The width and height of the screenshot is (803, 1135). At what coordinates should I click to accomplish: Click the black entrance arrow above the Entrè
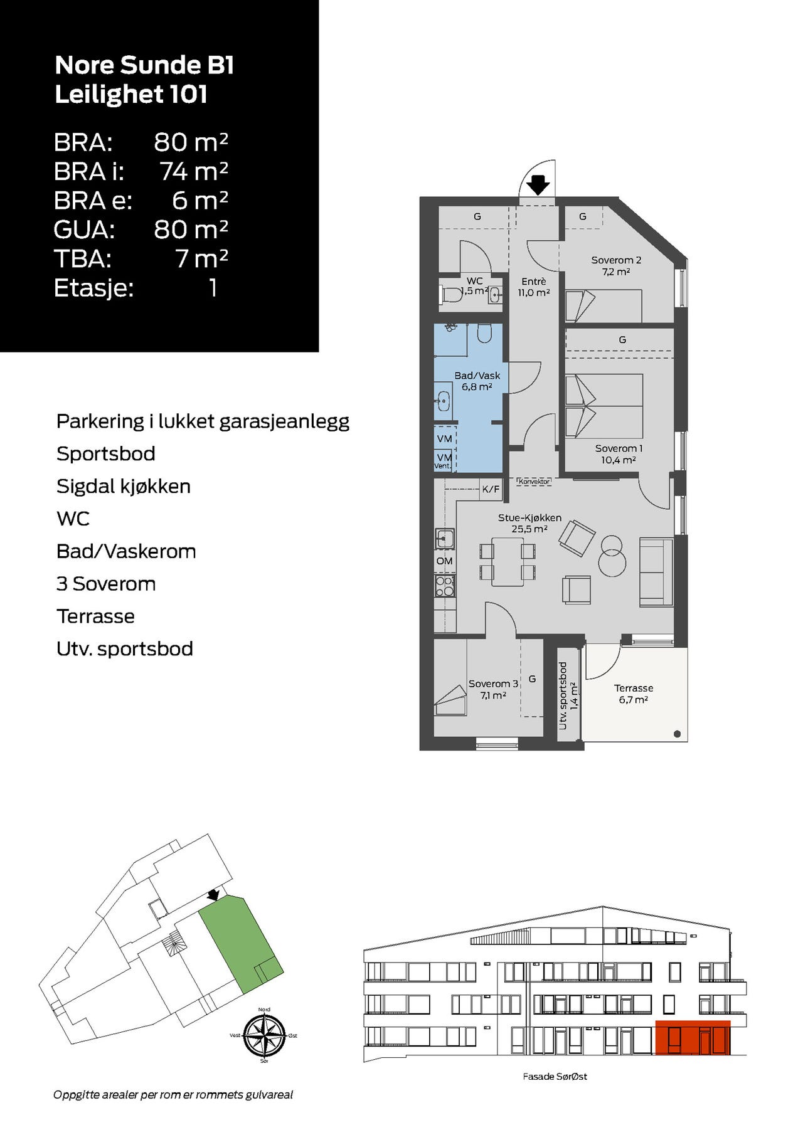click(x=538, y=185)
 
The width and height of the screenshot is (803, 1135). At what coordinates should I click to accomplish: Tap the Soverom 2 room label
click(x=616, y=266)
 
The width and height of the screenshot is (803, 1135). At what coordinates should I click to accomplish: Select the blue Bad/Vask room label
click(x=477, y=381)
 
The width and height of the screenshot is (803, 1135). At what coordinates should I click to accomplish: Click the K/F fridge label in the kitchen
click(x=491, y=489)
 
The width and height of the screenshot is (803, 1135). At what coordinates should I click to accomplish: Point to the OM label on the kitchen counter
click(x=444, y=561)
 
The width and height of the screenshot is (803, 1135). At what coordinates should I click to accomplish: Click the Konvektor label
click(x=534, y=482)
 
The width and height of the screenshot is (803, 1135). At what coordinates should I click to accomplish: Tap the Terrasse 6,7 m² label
click(x=634, y=694)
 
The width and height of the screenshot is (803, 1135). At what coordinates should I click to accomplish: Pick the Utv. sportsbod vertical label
click(x=568, y=695)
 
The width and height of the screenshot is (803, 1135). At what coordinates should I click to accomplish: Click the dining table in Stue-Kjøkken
click(x=508, y=562)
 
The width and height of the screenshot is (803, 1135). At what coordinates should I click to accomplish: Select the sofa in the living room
click(x=656, y=572)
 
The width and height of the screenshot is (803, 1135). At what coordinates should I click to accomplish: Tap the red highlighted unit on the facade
click(x=693, y=1038)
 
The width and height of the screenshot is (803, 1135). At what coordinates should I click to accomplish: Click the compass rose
click(x=264, y=1035)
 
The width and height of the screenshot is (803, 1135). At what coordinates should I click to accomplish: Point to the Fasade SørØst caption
click(x=555, y=1077)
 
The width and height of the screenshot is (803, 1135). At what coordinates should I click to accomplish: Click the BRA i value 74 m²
click(x=194, y=171)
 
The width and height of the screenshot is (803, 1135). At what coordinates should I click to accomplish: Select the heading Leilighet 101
click(x=131, y=94)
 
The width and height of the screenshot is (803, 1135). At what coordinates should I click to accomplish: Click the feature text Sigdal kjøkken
click(x=124, y=487)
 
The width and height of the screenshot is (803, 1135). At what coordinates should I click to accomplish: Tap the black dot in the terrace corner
click(x=678, y=734)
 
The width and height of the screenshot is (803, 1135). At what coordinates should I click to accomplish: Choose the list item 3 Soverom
click(x=106, y=584)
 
